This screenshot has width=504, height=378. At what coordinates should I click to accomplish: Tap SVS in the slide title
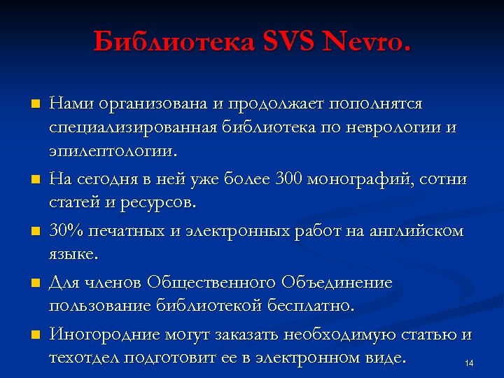click(x=290, y=43)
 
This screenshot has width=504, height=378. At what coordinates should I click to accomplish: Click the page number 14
click(x=469, y=363)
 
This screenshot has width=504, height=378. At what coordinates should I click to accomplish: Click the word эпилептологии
click(x=111, y=150)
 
